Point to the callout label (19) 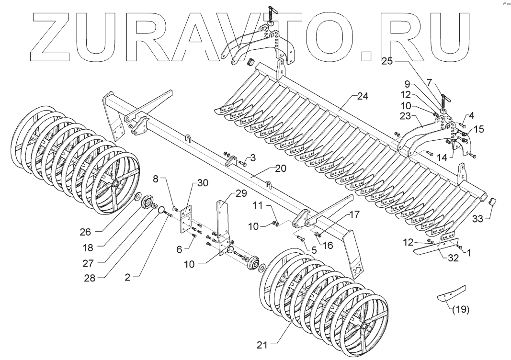coord(460,309)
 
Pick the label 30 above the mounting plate coord(203,184)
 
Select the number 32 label coord(453,258)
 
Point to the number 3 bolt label coord(253,158)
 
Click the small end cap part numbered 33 coord(491,202)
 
